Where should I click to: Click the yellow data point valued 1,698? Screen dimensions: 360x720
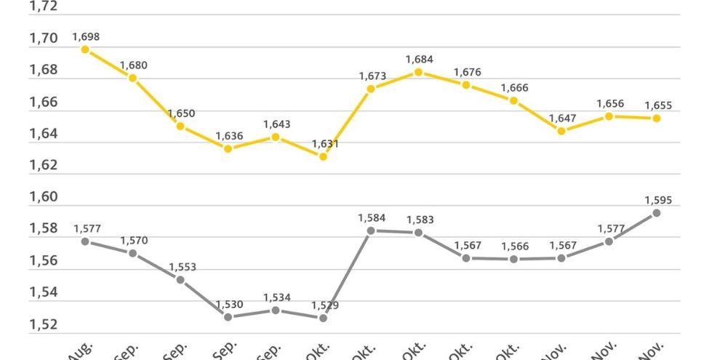85,49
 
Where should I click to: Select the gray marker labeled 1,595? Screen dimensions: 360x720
656,213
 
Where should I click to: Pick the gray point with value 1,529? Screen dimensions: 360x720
324,318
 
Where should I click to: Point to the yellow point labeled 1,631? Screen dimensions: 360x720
324,156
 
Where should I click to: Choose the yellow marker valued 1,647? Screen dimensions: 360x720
561,131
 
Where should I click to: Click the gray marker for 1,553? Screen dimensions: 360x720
180,279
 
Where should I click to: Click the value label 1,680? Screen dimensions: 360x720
133,65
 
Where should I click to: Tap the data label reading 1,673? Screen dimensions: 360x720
372,76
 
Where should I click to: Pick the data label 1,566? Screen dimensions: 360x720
513,247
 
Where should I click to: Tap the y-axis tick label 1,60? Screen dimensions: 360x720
43,197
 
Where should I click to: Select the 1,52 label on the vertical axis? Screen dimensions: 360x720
43,324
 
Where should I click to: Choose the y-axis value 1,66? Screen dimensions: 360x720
43,102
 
